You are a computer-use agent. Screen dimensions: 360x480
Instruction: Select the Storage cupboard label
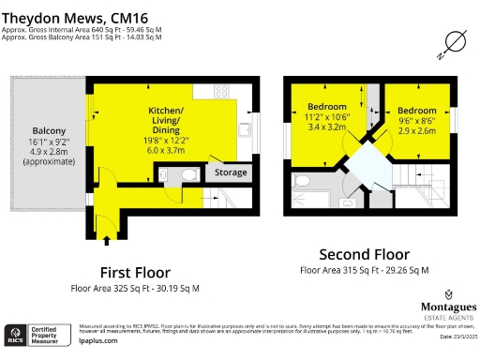(x=231, y=172)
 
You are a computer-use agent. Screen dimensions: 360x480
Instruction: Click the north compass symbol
(x=454, y=42)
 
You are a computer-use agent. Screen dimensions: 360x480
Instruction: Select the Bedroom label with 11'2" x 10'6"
(x=328, y=106)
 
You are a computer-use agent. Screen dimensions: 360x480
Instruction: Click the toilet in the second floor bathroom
(x=302, y=178)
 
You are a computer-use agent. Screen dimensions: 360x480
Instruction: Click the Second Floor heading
(x=364, y=254)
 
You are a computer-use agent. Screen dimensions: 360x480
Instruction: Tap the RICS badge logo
(x=16, y=335)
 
